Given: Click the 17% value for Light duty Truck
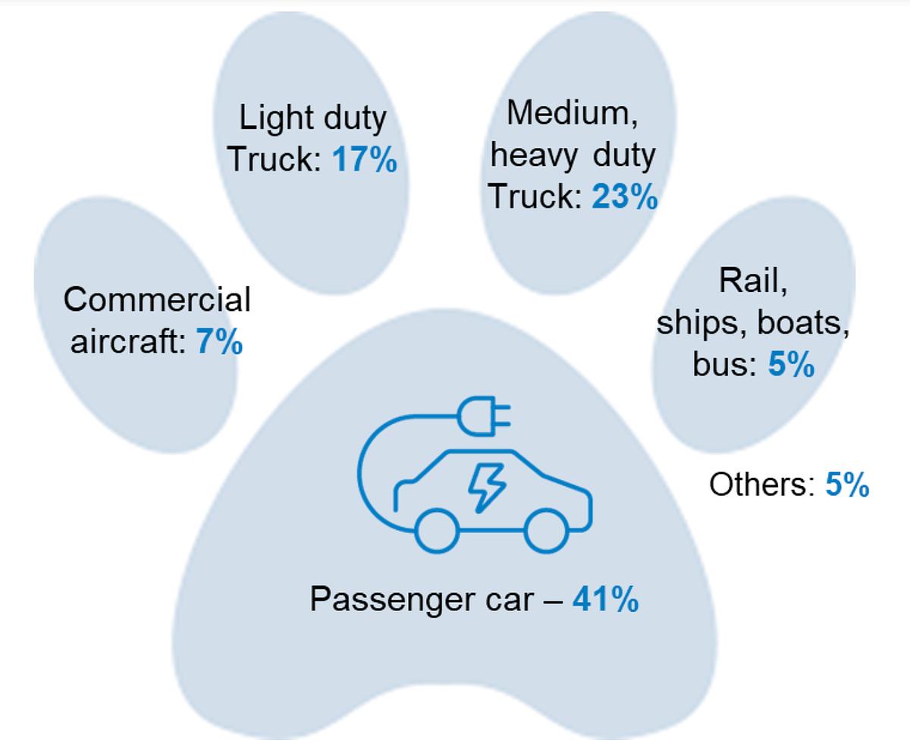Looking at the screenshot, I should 365,161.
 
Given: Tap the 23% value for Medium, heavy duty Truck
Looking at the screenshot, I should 625,196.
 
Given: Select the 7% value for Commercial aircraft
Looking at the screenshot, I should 220,342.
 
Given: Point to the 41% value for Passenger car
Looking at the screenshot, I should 605,600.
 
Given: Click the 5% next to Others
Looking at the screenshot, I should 847,485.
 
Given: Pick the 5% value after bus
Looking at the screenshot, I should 791,365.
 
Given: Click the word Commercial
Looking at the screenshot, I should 157,300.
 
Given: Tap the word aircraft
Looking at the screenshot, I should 128,342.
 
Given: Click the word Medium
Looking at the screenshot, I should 564,113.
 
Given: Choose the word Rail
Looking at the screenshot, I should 753,281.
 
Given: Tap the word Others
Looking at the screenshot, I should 761,485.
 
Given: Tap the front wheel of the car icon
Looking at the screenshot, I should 545,531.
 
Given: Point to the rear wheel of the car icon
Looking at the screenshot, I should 438,531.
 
